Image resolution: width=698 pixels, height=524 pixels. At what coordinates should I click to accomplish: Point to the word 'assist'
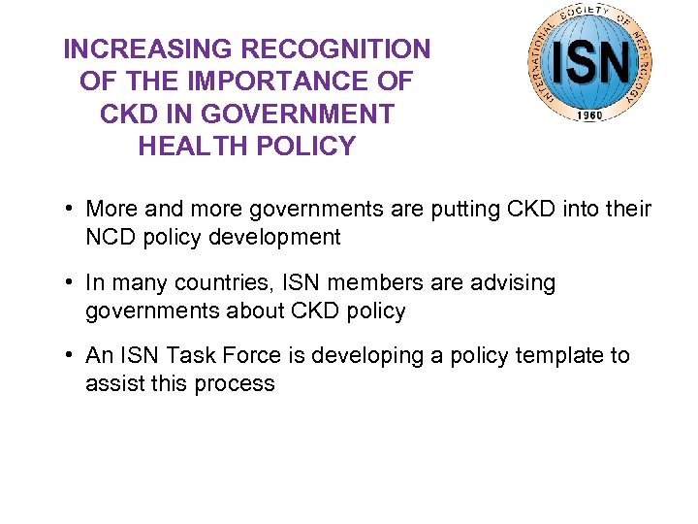[114, 384]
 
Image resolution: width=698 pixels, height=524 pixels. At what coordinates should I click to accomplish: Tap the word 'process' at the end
[234, 384]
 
